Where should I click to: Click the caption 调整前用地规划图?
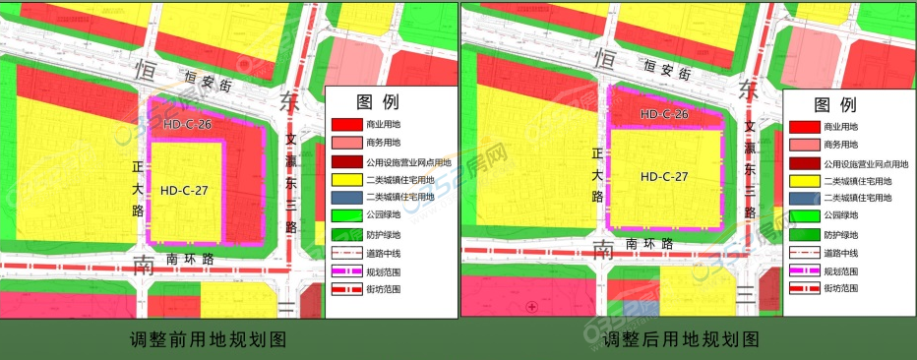click(x=214, y=340)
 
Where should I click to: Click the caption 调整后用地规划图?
click(x=680, y=340)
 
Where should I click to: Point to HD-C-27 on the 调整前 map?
click(x=185, y=190)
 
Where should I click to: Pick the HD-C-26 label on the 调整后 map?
click(x=664, y=115)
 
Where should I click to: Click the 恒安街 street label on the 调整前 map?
click(x=207, y=79)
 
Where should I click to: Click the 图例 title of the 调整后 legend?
click(x=834, y=105)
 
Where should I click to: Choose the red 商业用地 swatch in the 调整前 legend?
click(x=347, y=126)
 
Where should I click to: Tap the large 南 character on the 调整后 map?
click(x=603, y=252)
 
